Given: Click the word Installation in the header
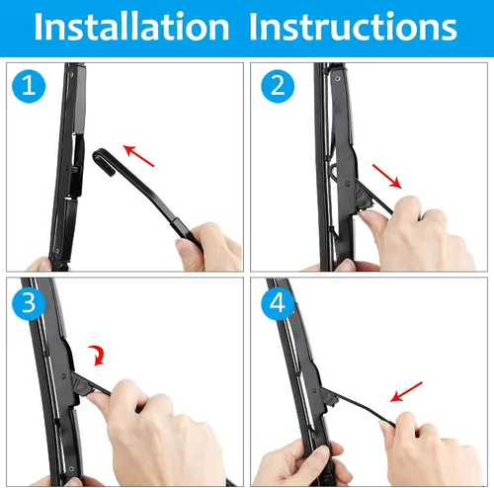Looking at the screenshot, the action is pyautogui.click(x=131, y=27).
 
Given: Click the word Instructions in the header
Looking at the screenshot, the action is pyautogui.click(x=353, y=27).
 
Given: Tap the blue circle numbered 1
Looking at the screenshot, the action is pyautogui.click(x=29, y=86).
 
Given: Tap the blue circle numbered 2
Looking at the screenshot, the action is pyautogui.click(x=278, y=86).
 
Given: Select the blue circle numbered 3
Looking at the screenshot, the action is pyautogui.click(x=29, y=303).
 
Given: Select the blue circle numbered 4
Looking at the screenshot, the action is pyautogui.click(x=278, y=303).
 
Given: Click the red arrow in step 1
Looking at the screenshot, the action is pyautogui.click(x=138, y=155).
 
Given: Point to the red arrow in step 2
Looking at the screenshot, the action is pyautogui.click(x=387, y=177).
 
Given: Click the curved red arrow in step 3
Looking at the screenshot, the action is pyautogui.click(x=97, y=356).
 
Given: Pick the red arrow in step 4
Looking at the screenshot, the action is pyautogui.click(x=406, y=392).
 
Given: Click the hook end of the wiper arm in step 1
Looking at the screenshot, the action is pyautogui.click(x=105, y=161).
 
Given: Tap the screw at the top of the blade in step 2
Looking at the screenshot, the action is pyautogui.click(x=337, y=79).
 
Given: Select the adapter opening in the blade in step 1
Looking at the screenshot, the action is pyautogui.click(x=77, y=165).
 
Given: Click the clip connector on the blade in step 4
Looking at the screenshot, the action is pyautogui.click(x=329, y=396).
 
